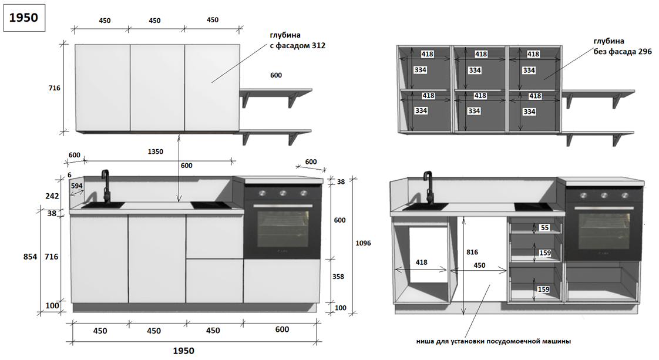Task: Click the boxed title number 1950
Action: tap(24, 17)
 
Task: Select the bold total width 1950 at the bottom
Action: tap(183, 351)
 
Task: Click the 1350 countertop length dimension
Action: tap(155, 152)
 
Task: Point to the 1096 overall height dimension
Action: tap(363, 243)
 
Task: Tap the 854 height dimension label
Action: tap(30, 257)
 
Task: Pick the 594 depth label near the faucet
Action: tap(77, 186)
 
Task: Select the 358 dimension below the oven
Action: tap(338, 276)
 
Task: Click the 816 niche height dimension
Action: tap(472, 251)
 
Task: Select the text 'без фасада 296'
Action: tap(620, 52)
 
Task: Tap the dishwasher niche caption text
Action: tap(493, 341)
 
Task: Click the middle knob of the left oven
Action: tap(283, 193)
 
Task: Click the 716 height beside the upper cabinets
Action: tap(54, 88)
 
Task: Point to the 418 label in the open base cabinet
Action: tap(422, 263)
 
